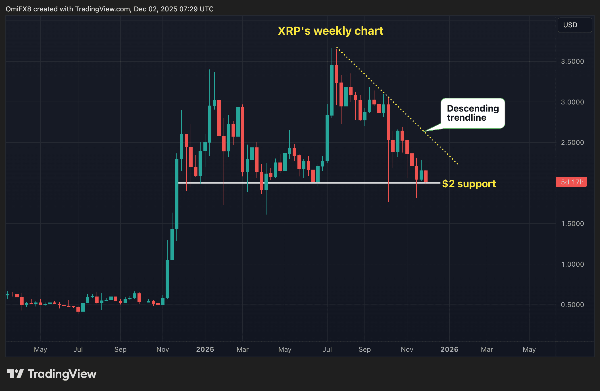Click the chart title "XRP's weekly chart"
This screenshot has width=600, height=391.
[330, 31]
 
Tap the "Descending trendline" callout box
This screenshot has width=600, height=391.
[472, 113]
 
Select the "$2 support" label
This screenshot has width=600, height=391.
[469, 184]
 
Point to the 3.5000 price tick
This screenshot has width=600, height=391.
[572, 61]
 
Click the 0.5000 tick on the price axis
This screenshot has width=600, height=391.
[572, 305]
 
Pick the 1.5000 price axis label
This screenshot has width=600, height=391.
[572, 224]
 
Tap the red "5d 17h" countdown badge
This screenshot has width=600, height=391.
[572, 182]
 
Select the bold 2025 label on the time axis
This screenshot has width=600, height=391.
[205, 349]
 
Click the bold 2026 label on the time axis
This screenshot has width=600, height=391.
[449, 349]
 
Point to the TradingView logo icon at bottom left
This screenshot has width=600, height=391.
[15, 374]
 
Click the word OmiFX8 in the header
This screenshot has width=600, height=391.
[18, 9]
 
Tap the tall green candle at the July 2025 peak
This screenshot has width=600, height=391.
[332, 90]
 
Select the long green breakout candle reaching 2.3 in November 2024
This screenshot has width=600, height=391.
[177, 194]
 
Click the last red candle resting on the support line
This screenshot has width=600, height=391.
[426, 176]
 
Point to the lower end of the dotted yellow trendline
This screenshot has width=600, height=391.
[457, 164]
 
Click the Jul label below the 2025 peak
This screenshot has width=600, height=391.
[327, 349]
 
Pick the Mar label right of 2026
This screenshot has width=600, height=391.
[487, 349]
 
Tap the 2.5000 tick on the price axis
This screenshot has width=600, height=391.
[572, 143]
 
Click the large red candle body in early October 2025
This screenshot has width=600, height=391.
[388, 122]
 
